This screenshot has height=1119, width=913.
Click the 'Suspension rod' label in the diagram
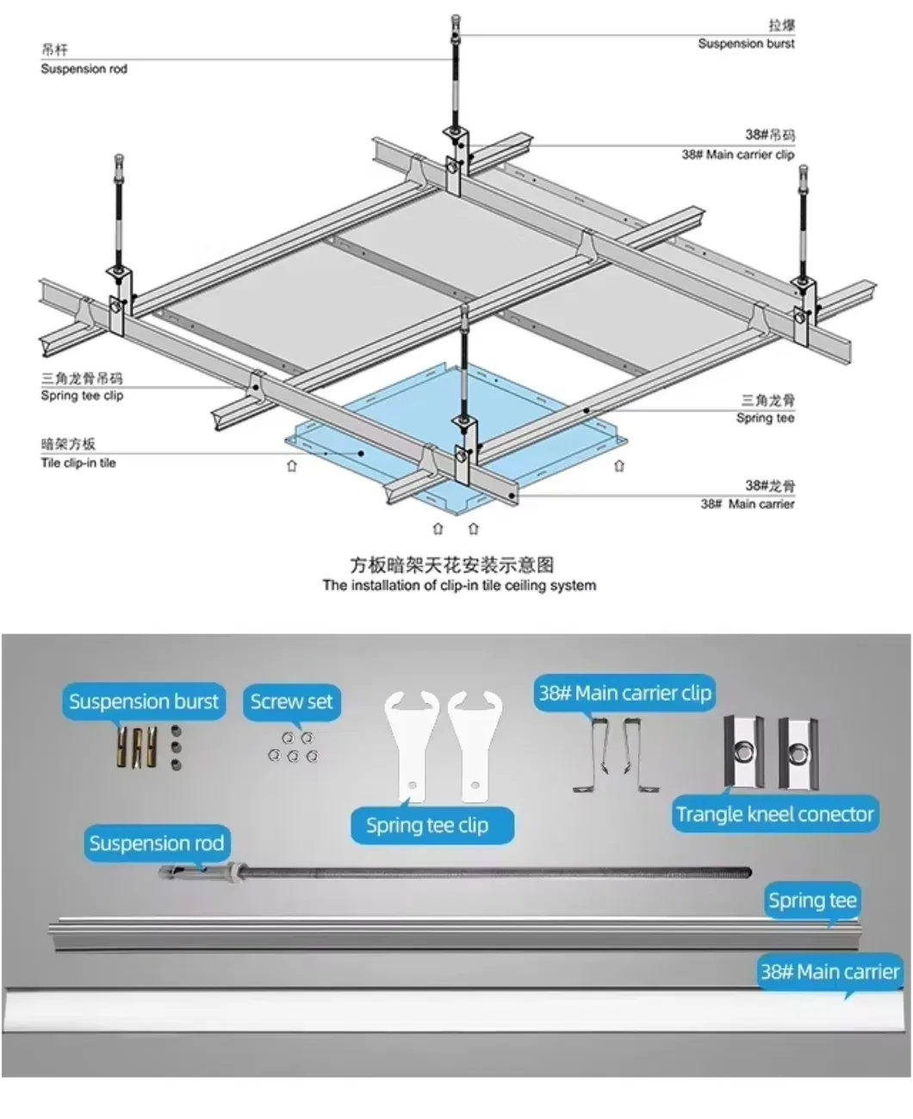(x=84, y=68)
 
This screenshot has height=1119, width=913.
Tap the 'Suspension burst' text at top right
(x=746, y=43)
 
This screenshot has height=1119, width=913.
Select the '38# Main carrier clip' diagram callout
(x=737, y=155)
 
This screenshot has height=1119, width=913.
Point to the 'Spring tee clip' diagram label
(x=82, y=395)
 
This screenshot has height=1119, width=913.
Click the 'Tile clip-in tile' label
(x=78, y=462)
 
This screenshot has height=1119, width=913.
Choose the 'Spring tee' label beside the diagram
(x=765, y=417)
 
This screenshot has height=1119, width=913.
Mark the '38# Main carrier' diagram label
(x=747, y=504)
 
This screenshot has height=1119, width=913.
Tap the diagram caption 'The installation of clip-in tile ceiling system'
(x=459, y=585)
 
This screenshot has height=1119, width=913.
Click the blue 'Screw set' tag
(x=291, y=702)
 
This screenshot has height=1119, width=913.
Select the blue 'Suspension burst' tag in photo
(x=144, y=702)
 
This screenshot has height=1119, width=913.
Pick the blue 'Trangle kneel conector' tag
(x=774, y=814)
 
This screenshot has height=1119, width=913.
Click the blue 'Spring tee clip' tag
(x=427, y=825)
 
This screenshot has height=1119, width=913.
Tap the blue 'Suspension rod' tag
(x=156, y=844)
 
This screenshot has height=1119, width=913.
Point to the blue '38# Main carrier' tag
(x=829, y=973)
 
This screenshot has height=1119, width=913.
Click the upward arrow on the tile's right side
(x=619, y=466)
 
